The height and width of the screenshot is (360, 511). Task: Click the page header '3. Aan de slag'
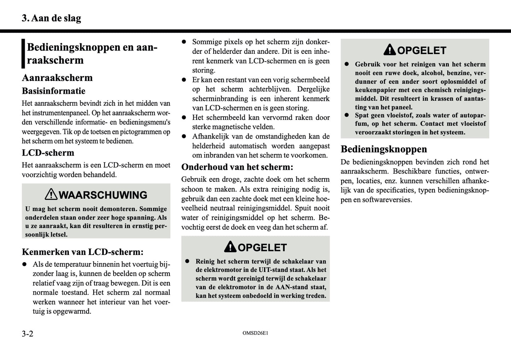click(x=51, y=18)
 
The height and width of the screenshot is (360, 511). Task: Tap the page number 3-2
click(x=28, y=333)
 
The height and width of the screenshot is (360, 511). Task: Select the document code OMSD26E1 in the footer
click(x=255, y=333)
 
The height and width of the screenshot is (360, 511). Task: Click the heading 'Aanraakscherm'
click(x=57, y=78)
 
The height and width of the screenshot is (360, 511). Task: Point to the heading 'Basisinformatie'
click(x=54, y=91)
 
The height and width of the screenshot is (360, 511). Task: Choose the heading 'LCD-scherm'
click(x=48, y=153)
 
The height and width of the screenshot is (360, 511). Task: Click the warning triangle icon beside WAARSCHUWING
click(x=51, y=194)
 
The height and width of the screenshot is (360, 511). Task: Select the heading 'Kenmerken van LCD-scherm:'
click(x=83, y=252)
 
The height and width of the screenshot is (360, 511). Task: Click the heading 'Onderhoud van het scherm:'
click(x=237, y=167)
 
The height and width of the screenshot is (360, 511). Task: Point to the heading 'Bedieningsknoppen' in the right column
click(x=384, y=149)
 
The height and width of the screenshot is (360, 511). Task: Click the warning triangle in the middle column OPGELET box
click(x=230, y=247)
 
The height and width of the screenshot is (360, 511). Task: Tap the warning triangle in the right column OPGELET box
click(x=390, y=50)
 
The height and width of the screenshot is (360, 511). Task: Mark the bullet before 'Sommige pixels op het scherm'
click(x=184, y=42)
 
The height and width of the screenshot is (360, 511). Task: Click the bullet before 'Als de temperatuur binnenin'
click(x=24, y=264)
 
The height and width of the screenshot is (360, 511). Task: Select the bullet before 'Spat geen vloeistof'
click(x=347, y=115)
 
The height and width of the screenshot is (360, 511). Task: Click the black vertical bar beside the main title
click(x=23, y=53)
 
